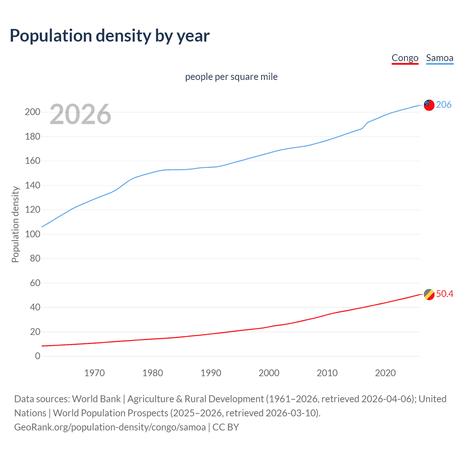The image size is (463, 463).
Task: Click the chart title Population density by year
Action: (x=110, y=35)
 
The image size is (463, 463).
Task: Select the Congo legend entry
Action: (x=405, y=58)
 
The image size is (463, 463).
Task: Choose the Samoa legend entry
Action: (x=439, y=58)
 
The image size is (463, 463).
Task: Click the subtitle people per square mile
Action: (x=231, y=77)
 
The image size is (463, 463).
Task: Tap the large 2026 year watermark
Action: (x=80, y=114)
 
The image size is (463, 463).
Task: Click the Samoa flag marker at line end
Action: (x=429, y=105)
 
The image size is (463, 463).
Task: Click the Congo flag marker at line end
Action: (x=429, y=294)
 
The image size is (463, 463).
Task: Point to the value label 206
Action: (x=443, y=105)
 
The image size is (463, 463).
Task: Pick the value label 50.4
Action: (x=445, y=294)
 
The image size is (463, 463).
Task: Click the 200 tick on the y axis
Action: (x=33, y=112)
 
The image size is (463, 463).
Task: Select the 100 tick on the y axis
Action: (x=33, y=234)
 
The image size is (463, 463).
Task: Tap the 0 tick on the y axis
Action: (x=38, y=356)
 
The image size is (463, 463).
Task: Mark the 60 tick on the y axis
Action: (x=35, y=283)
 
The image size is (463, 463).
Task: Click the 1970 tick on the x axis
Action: (x=94, y=373)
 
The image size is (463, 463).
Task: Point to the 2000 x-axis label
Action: (x=269, y=373)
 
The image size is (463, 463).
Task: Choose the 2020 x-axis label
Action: (x=385, y=373)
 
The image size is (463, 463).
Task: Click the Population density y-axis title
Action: (x=15, y=224)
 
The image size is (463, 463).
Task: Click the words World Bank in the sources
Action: (x=96, y=399)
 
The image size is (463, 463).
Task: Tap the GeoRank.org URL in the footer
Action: (x=110, y=427)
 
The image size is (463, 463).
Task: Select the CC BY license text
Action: (x=226, y=427)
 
